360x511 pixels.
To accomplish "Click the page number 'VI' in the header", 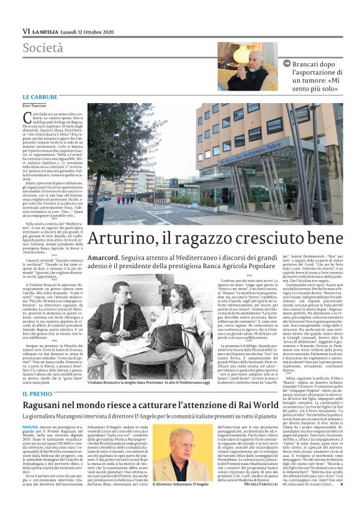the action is coord(25,30).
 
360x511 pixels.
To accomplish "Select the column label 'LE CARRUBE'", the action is coord(40,97).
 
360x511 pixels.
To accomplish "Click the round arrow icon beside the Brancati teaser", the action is coord(287,63).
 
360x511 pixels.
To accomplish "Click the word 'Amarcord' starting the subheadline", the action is coord(103,258).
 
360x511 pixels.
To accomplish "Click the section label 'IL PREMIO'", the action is coord(37,395).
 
